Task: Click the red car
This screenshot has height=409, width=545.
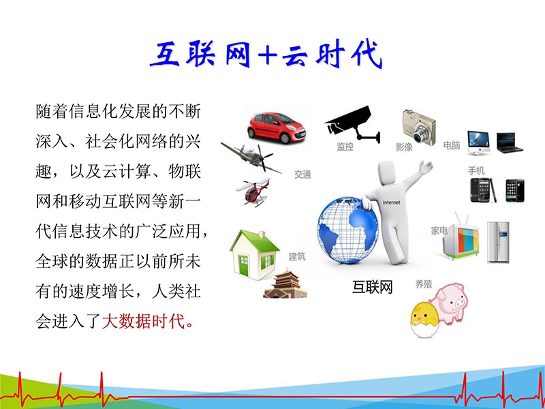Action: point(276,126)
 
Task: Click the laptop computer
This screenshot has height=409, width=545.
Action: point(509,142)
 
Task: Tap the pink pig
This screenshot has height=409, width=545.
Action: point(452,301)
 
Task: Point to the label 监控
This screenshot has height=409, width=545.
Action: point(345,147)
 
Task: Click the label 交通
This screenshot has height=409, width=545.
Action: point(302,175)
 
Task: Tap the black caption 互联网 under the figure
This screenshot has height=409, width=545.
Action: point(373,287)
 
